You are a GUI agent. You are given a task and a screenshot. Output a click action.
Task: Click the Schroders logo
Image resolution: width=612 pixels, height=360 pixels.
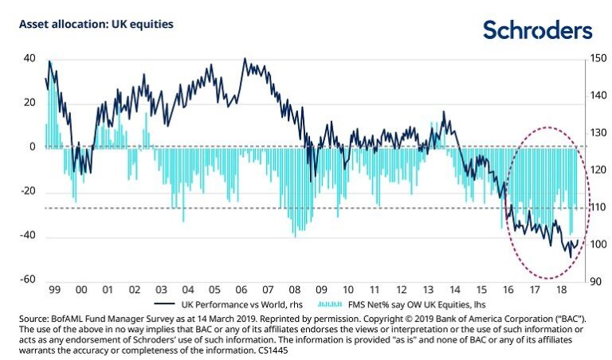coord(538,30)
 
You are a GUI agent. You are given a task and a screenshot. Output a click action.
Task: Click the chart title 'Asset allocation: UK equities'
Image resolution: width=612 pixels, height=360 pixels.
coord(96,25)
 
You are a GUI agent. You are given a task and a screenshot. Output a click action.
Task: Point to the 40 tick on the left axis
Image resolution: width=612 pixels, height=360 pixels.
coord(29,58)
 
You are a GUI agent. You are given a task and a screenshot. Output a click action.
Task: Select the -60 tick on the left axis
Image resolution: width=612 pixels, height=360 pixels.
coord(27,280)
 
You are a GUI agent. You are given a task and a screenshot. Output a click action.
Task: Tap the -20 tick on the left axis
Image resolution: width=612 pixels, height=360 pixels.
coord(27,191)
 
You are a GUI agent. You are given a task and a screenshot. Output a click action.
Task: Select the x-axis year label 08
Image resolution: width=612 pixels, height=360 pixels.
coord(294,292)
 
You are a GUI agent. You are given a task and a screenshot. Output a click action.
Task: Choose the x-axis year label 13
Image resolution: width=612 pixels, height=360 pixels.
coord(427,292)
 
